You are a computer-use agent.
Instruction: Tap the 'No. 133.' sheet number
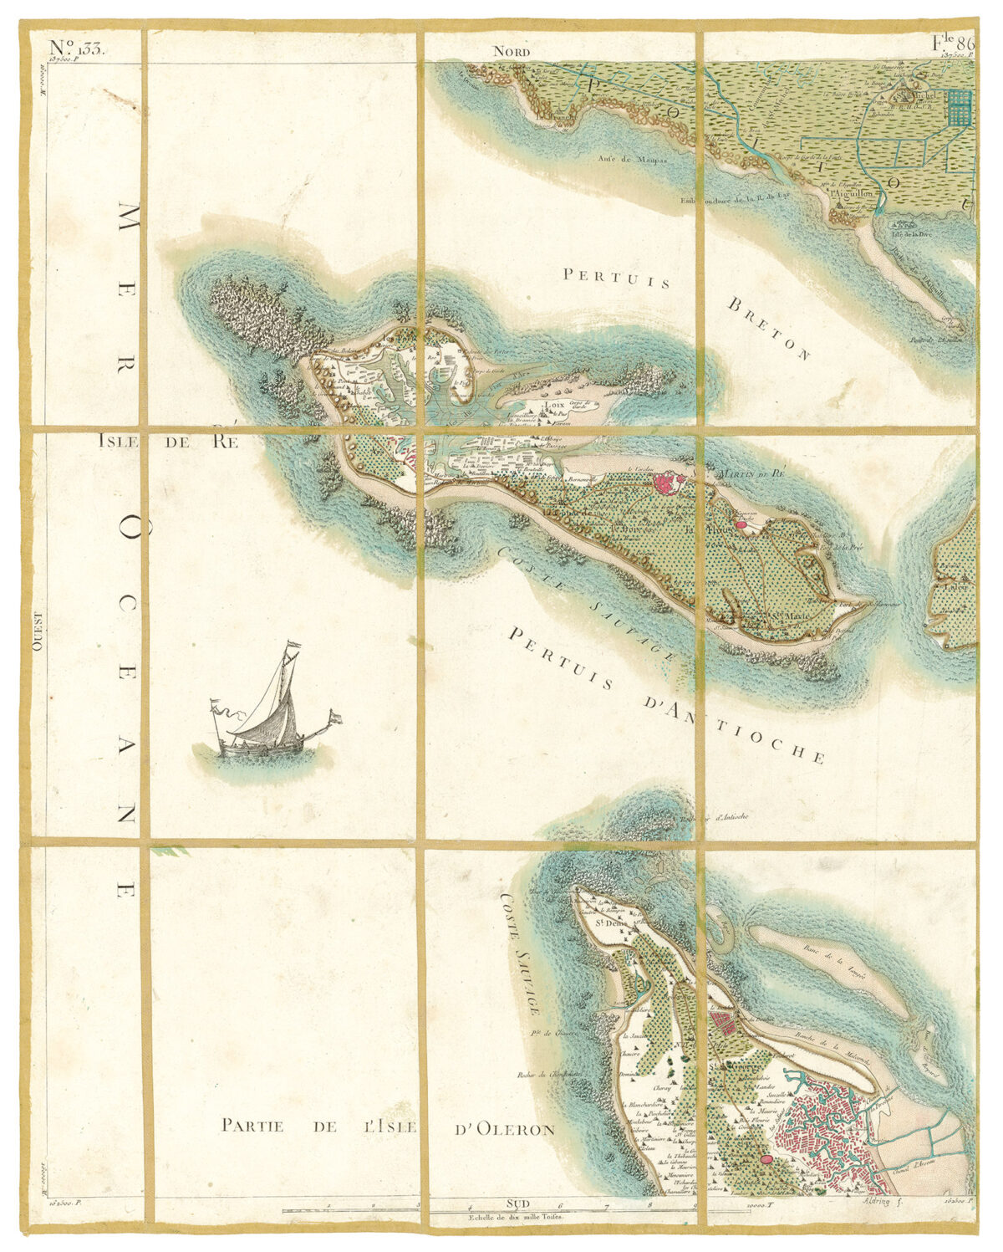75,48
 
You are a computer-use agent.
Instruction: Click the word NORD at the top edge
512,52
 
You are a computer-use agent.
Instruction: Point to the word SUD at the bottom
518,1203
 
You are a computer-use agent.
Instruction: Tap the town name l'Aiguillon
853,192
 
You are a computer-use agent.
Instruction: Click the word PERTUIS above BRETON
617,277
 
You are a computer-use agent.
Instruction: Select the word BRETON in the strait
769,327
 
